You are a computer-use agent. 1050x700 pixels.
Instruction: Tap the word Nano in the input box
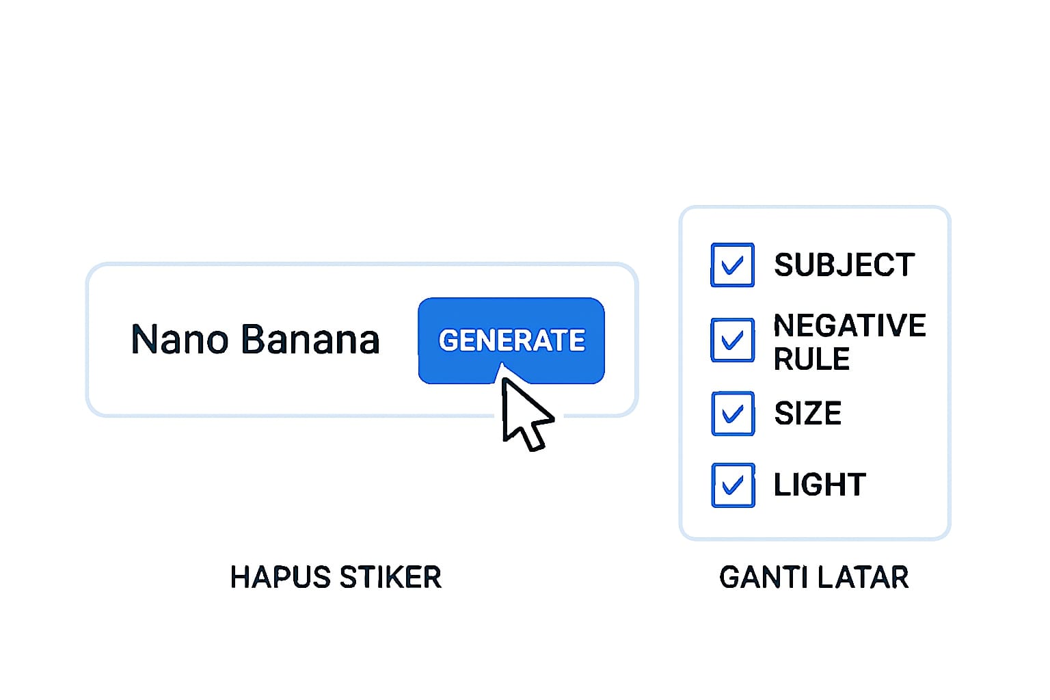point(179,340)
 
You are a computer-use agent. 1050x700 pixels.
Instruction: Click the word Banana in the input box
point(310,340)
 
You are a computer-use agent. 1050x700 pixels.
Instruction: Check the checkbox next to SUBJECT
point(732,265)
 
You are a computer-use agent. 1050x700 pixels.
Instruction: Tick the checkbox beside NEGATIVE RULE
point(732,340)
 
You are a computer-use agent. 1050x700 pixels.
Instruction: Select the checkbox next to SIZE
point(732,414)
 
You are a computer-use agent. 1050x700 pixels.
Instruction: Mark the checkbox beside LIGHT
point(732,485)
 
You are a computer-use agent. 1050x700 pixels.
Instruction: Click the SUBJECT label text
point(844,265)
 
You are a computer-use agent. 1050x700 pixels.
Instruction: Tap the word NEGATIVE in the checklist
point(850,325)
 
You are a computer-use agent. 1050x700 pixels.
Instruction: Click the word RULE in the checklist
point(811,360)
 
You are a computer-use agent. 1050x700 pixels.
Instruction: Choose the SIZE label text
point(807,414)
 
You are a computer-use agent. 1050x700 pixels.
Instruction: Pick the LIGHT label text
point(820,485)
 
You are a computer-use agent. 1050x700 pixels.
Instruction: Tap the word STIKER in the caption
point(390,578)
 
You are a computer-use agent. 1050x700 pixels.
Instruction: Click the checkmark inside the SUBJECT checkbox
point(732,265)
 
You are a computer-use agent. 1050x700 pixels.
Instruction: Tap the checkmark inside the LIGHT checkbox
point(732,485)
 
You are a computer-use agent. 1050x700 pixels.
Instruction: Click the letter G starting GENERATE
point(448,340)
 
